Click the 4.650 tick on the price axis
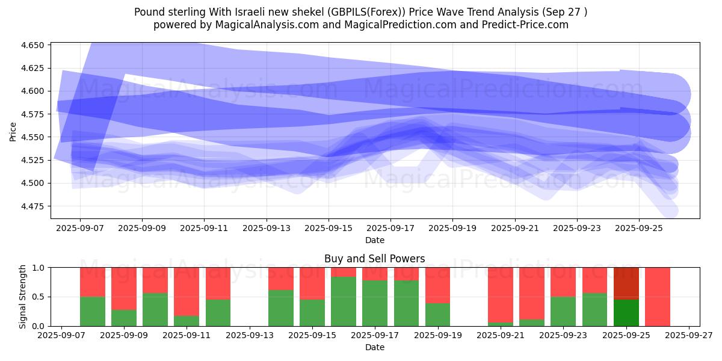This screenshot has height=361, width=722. click(33, 45)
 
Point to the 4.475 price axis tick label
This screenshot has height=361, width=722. click(33, 206)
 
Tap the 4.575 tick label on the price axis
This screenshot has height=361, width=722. click(33, 114)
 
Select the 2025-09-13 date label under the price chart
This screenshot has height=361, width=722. click(267, 229)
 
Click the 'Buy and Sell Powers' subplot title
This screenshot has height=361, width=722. click(374, 259)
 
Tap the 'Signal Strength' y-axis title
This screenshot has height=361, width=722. click(23, 297)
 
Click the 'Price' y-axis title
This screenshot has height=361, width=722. click(13, 131)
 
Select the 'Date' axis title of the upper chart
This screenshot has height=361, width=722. click(374, 240)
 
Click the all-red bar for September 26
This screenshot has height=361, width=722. click(658, 297)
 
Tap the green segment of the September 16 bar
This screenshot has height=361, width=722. click(343, 301)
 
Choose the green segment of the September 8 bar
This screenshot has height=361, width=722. click(93, 311)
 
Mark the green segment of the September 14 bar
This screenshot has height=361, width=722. click(280, 307)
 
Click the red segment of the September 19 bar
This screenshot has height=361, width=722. click(437, 285)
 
